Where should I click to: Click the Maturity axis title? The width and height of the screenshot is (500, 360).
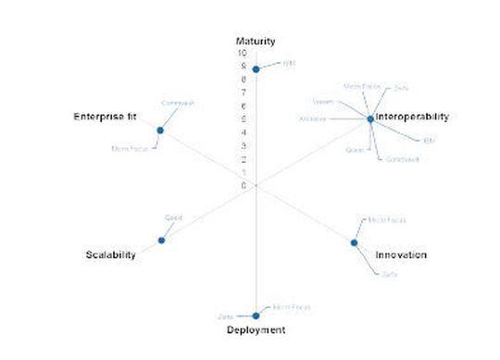256,41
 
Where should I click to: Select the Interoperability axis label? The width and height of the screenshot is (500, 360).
412,118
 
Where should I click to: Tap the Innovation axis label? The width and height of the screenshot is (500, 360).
401,254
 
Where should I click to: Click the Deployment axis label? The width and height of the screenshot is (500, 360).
256,329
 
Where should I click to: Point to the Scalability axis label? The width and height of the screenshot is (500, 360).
111,254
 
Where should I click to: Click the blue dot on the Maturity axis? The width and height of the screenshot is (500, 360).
256,69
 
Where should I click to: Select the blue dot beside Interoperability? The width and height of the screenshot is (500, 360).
370,119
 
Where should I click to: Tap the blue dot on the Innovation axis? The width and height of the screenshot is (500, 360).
354,243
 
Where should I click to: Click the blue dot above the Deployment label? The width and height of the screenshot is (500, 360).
256,316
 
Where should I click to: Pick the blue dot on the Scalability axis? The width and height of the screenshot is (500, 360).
162,241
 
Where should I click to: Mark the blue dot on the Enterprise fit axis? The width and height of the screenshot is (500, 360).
160,130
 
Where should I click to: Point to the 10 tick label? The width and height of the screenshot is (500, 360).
243,54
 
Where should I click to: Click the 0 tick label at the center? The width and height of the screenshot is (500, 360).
244,186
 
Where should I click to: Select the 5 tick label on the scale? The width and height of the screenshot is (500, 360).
244,119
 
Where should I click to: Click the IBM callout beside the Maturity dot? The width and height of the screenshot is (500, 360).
289,63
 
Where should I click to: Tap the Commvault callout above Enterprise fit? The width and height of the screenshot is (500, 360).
178,103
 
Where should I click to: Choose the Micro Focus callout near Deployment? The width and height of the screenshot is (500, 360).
292,306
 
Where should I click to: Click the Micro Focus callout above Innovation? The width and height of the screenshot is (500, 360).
386,220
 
